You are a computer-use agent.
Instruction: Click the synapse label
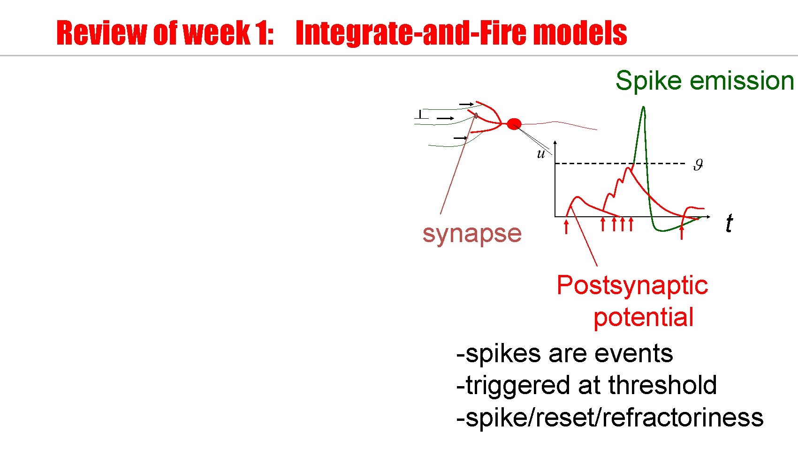[x=471, y=233]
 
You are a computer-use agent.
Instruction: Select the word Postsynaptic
[x=631, y=285]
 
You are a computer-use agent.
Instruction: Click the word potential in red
[x=643, y=317]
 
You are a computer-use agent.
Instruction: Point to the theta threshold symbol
[x=698, y=165]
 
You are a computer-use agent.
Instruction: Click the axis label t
[x=729, y=223]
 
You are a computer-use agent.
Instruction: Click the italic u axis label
[x=541, y=153]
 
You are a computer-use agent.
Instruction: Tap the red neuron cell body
[x=514, y=124]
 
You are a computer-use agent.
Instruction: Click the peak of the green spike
[x=643, y=108]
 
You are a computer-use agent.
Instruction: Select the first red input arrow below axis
[x=566, y=227]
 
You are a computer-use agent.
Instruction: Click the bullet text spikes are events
[x=564, y=353]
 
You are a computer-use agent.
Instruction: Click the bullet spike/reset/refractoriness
[x=610, y=418]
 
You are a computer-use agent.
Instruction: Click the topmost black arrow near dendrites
[x=466, y=104]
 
